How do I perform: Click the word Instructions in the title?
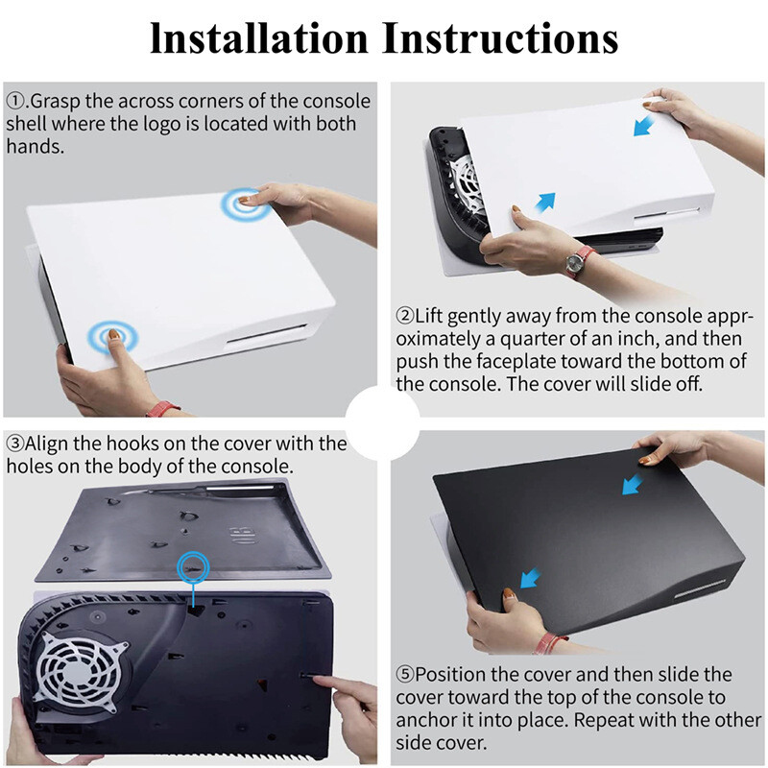pos(500,37)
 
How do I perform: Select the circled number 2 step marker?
pos(405,316)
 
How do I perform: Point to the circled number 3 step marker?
pos(14,444)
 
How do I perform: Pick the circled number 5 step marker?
pos(405,675)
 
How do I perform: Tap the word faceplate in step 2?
pos(492,362)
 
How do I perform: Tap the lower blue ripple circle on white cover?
pos(110,337)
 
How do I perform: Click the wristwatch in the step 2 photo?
pos(580,259)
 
